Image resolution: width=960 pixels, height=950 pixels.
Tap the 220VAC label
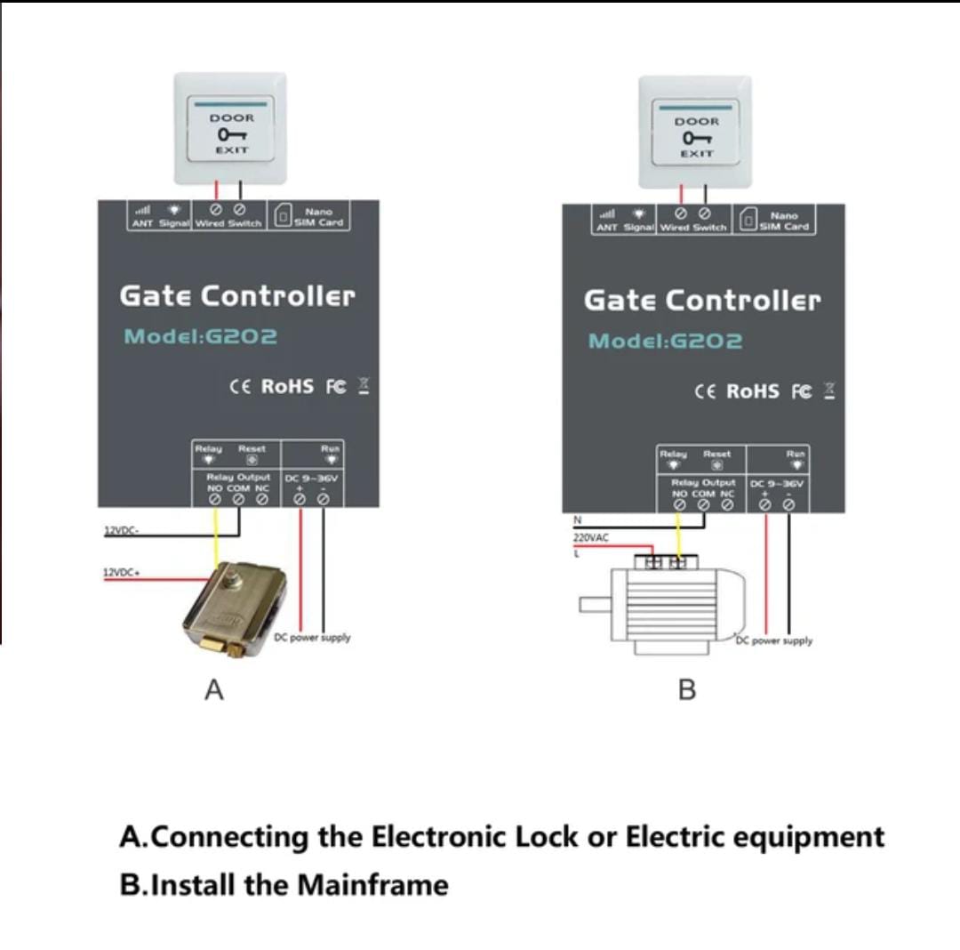(590, 537)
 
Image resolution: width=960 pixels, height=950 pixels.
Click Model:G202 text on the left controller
(201, 337)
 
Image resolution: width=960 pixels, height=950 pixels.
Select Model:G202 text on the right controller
(666, 342)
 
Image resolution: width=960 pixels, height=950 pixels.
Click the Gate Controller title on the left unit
(237, 295)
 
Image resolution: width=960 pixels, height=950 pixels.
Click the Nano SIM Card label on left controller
(318, 217)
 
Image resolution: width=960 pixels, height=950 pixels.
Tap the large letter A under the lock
(212, 689)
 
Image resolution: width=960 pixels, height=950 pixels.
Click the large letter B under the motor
(686, 690)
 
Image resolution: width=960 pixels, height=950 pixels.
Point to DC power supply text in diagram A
(312, 637)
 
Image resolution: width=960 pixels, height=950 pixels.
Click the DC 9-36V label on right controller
(777, 485)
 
